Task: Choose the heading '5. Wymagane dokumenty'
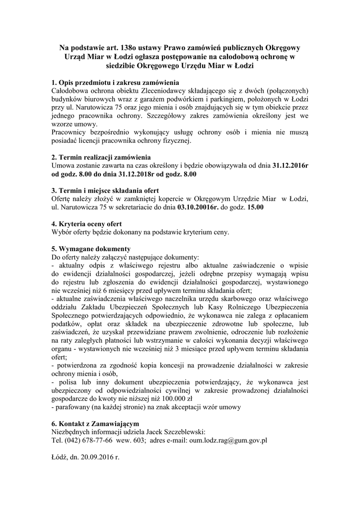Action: [91, 249]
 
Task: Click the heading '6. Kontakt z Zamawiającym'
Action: [95, 424]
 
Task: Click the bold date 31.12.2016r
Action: [290, 166]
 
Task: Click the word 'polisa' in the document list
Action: [66, 381]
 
